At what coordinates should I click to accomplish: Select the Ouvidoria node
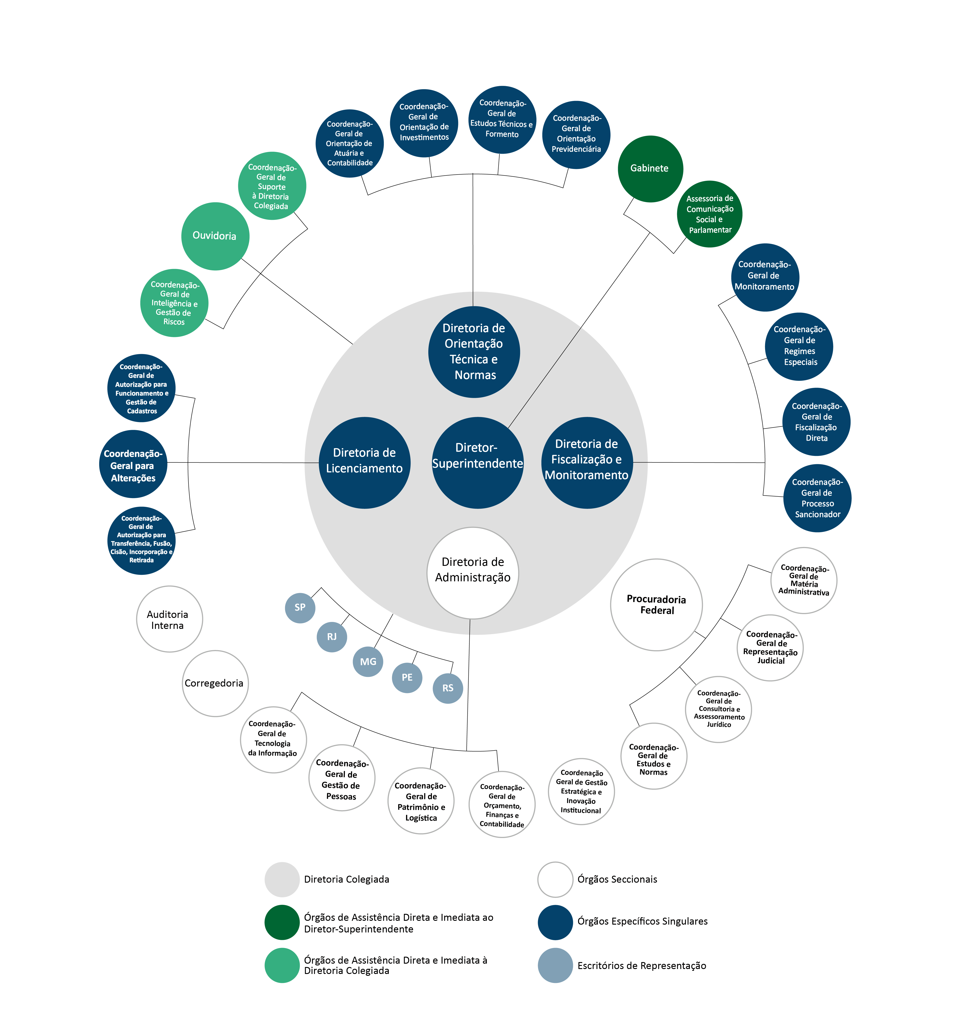[x=215, y=236]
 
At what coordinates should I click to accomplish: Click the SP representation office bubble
[x=300, y=608]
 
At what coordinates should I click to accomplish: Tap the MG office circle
[x=368, y=662]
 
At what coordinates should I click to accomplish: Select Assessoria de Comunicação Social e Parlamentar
[x=709, y=214]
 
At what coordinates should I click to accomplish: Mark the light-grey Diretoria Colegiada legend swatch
[x=282, y=879]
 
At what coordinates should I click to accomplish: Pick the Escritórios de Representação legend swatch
[x=555, y=965]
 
